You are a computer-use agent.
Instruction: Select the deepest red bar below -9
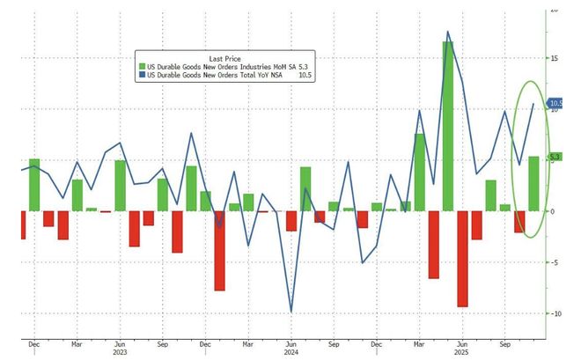[x=462, y=259]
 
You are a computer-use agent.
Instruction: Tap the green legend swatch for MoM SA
[x=139, y=66]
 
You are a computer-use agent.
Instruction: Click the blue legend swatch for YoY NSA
[x=139, y=76]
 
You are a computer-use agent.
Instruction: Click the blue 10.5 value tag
[x=556, y=104]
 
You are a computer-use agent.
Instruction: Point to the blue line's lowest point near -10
[x=291, y=311]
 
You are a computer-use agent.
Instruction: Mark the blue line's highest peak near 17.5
[x=448, y=33]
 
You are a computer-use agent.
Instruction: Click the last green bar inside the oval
[x=533, y=184]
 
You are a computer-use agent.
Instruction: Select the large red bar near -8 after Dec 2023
[x=219, y=251]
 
